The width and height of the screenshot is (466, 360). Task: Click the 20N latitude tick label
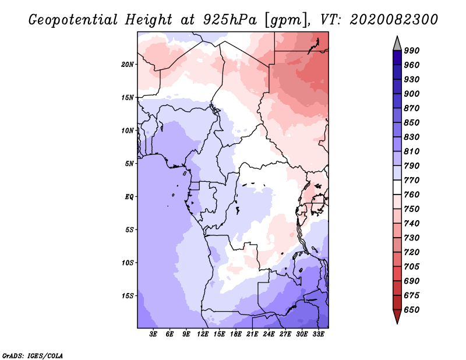[128, 65]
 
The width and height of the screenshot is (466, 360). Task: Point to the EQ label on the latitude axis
[129, 197]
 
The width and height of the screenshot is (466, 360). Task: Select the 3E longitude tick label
[153, 334]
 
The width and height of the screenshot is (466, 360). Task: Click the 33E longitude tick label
[318, 334]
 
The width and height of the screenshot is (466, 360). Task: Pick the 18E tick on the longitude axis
[236, 334]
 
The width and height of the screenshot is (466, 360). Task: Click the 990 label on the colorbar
[412, 51]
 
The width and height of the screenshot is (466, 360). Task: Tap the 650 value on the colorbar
[412, 310]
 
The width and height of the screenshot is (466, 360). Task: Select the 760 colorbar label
[412, 195]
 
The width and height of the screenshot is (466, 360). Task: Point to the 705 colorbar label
[412, 266]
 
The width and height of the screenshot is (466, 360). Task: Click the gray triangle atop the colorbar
[397, 43]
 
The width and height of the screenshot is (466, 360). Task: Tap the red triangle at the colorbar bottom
[397, 316]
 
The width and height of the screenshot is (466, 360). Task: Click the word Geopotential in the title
[73, 20]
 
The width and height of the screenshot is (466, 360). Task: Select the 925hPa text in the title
[230, 20]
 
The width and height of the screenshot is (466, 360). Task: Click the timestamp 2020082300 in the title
[394, 20]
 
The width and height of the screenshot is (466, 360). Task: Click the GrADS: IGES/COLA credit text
[33, 356]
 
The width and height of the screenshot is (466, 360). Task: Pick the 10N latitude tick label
[128, 130]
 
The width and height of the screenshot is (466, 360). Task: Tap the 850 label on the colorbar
[412, 122]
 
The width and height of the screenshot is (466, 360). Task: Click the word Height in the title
[149, 20]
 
